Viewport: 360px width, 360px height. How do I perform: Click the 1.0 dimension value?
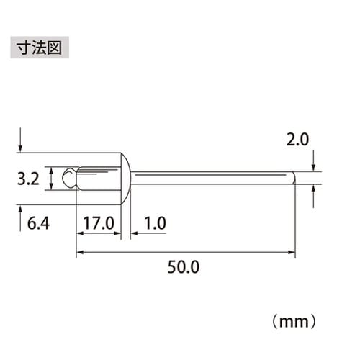pyautogui.click(x=153, y=224)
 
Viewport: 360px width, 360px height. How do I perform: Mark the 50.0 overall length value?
pyautogui.click(x=184, y=267)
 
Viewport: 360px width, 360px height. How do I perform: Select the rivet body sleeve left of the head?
pyautogui.click(x=97, y=178)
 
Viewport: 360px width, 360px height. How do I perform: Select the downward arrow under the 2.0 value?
pyautogui.click(x=314, y=161)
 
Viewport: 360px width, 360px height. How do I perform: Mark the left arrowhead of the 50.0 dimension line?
pyautogui.click(x=79, y=252)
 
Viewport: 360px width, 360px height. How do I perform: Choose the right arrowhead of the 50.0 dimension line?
pyautogui.click(x=292, y=252)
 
